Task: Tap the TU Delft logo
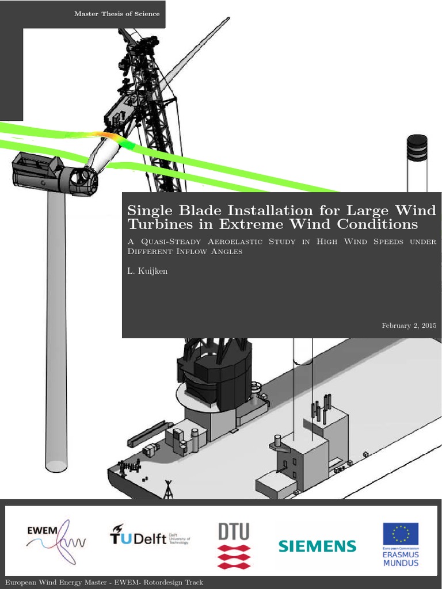(149, 538)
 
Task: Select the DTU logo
(234, 544)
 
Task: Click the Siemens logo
(317, 546)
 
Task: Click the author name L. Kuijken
(147, 271)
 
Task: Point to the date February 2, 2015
(409, 326)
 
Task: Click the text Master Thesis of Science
(117, 14)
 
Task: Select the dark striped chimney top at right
(417, 148)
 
